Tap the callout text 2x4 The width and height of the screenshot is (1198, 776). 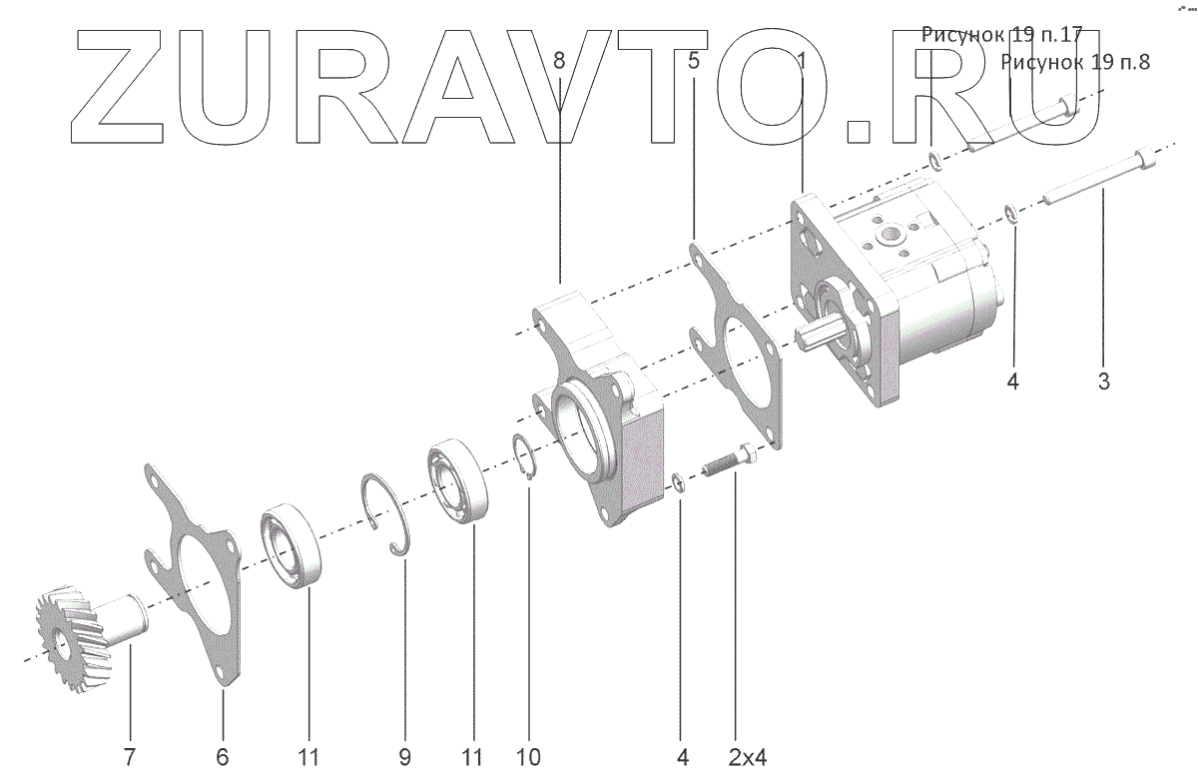click(747, 757)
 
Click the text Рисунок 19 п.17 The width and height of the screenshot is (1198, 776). click(1001, 35)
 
